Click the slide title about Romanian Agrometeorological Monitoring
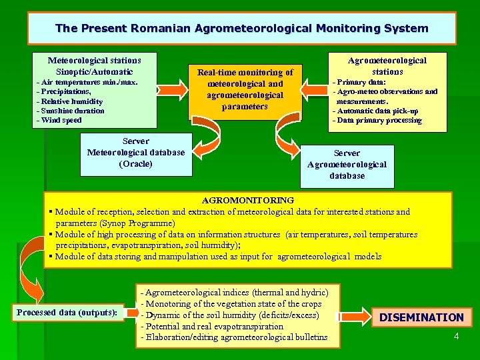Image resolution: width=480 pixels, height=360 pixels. (x=241, y=28)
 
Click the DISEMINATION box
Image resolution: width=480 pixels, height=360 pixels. (x=421, y=317)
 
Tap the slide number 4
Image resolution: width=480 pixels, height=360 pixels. (x=456, y=336)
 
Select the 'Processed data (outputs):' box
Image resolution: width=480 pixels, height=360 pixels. (x=67, y=312)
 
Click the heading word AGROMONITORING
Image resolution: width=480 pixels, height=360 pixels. (x=247, y=200)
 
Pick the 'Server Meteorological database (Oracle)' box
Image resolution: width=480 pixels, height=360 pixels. (x=136, y=153)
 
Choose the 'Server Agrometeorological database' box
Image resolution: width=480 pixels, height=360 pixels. (x=347, y=165)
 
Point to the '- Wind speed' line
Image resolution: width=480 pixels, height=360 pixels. (x=59, y=120)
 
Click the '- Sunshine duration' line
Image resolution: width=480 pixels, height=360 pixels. (x=70, y=111)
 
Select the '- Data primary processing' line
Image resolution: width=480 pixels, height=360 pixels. (x=377, y=120)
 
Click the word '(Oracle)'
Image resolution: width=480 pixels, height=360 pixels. (x=136, y=163)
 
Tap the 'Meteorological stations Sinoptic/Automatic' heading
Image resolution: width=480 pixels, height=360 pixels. (x=95, y=65)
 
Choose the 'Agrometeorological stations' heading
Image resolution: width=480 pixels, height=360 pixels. (x=387, y=65)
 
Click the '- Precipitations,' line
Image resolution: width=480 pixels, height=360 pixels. (x=63, y=91)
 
